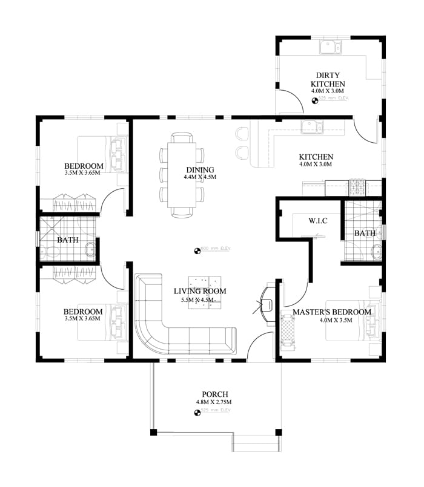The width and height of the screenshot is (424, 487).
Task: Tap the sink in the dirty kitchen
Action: click(x=331, y=47)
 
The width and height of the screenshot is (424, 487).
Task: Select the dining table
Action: click(x=181, y=176)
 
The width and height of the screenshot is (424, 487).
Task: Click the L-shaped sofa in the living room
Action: click(x=176, y=336)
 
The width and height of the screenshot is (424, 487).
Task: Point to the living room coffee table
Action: click(x=204, y=292)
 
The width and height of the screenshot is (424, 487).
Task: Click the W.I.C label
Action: click(x=318, y=220)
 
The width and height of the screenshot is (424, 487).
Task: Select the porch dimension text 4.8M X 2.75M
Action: click(x=214, y=402)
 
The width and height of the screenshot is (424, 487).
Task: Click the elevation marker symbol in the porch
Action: click(x=197, y=413)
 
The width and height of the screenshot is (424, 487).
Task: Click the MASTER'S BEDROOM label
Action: click(x=331, y=312)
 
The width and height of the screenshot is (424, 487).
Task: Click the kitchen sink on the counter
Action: click(x=311, y=127)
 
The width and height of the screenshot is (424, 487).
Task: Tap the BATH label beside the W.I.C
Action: click(x=365, y=233)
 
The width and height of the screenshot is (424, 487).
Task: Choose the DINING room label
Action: click(x=199, y=169)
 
